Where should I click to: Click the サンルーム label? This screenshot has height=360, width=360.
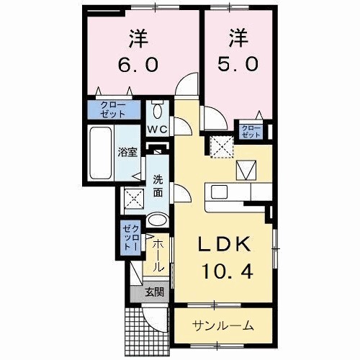222,325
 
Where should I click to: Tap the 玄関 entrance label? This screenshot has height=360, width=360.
153,292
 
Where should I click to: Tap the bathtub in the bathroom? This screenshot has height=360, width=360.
102,154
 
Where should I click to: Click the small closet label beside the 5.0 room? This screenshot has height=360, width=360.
251,130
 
